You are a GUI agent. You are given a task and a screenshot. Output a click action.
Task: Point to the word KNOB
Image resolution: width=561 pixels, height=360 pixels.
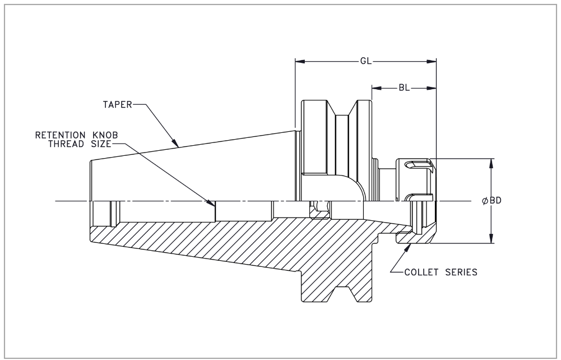105,135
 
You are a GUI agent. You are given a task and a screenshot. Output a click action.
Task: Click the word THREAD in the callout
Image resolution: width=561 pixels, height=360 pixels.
68,144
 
